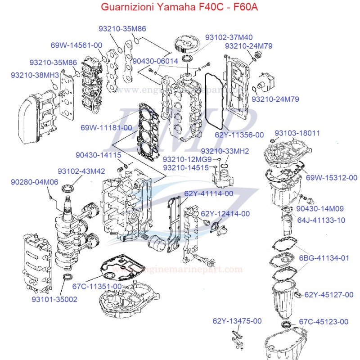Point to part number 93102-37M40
[229, 37]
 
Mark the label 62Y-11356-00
[239, 135]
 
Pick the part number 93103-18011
[297, 133]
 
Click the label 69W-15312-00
[332, 178]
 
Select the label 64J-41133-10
[321, 220]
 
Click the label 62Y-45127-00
[329, 295]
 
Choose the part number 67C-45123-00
[324, 321]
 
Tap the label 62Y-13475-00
[237, 321]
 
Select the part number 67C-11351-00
[97, 286]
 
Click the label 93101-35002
[54, 298]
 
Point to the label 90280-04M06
[35, 182]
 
